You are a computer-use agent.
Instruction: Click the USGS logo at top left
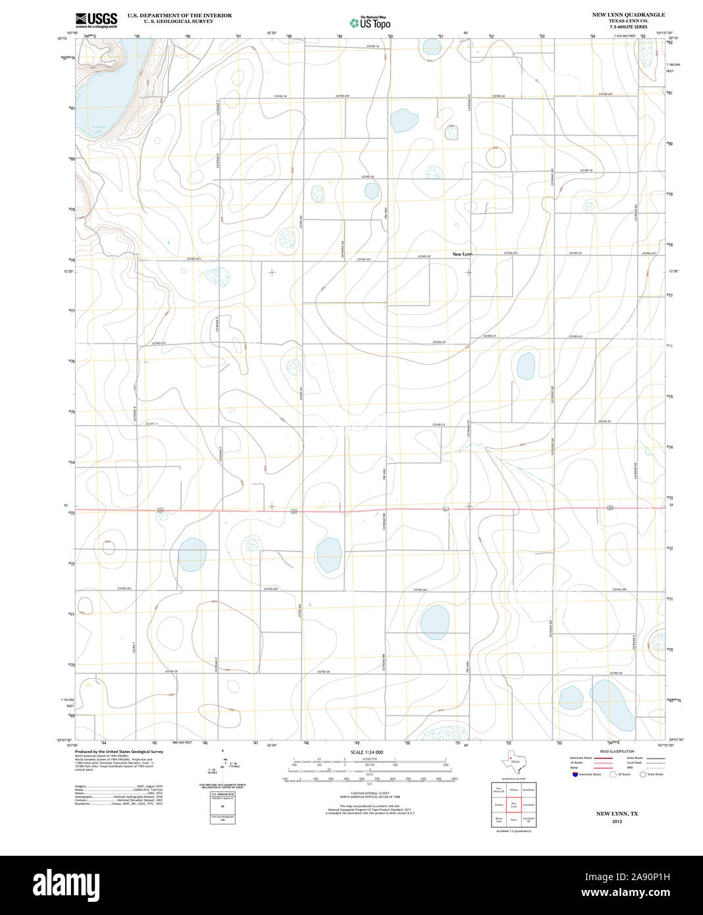[96, 20]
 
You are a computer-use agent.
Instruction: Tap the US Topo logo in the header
[370, 22]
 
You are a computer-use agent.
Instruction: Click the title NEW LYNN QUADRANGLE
[628, 14]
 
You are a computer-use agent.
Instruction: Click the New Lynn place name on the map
[462, 254]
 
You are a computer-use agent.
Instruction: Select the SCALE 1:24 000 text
[367, 752]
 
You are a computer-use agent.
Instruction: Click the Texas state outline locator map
[513, 764]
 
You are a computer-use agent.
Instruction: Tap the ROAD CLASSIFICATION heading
[617, 751]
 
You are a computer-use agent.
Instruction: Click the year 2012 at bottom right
[617, 822]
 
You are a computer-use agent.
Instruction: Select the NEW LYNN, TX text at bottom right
[617, 814]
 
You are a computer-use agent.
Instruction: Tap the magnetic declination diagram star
[223, 750]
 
